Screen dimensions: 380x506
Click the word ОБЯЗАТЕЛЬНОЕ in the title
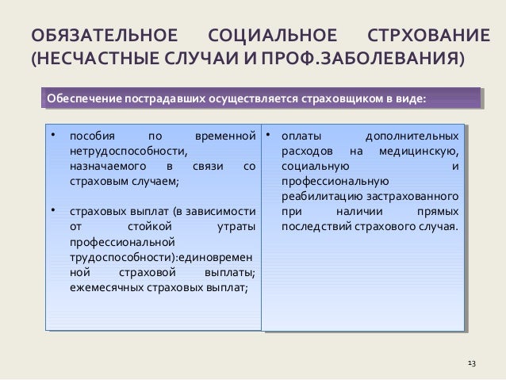(x=102, y=36)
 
